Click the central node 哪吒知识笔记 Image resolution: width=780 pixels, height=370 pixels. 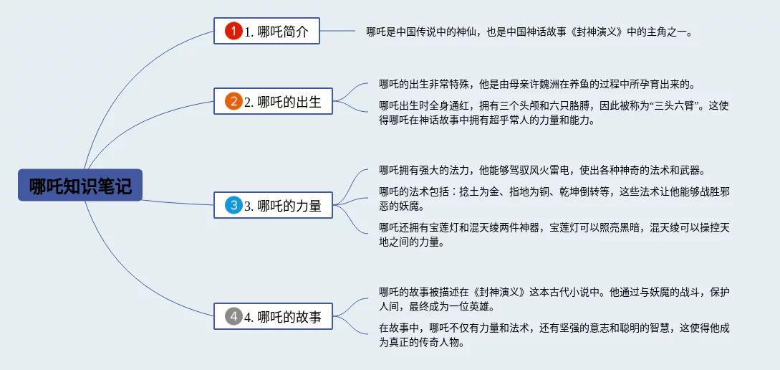(x=80, y=185)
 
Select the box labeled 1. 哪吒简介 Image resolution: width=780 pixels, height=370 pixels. (x=266, y=32)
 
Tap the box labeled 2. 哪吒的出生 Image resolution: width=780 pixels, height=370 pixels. (x=273, y=102)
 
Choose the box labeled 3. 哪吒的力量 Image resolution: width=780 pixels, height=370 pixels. (x=273, y=207)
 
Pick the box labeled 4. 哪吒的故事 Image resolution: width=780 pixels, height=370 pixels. (x=273, y=316)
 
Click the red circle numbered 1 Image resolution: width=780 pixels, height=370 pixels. (x=233, y=32)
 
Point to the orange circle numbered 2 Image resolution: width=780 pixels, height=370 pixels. (x=233, y=102)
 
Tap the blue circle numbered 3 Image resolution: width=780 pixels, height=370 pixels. (x=233, y=207)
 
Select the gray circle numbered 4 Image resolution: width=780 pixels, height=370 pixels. (x=233, y=316)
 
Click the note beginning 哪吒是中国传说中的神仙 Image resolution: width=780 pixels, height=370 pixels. (x=529, y=32)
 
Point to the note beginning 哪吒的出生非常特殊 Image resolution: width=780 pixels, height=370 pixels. (x=537, y=85)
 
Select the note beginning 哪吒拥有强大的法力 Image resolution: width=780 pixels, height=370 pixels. (x=542, y=171)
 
